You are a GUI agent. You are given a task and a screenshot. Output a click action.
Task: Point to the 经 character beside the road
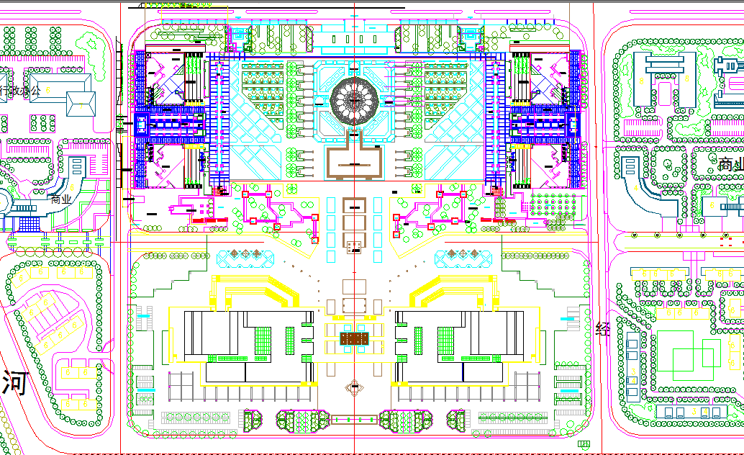coord(603,330)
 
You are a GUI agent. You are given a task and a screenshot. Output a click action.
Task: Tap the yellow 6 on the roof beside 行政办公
coord(47,89)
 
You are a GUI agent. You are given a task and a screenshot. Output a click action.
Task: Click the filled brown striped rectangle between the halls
coord(354,338)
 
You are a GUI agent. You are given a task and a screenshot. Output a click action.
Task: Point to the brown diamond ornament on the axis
coord(354,387)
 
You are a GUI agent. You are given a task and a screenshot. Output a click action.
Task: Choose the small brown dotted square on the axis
coord(353,248)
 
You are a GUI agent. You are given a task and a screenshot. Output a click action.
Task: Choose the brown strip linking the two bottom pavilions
coord(354,417)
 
